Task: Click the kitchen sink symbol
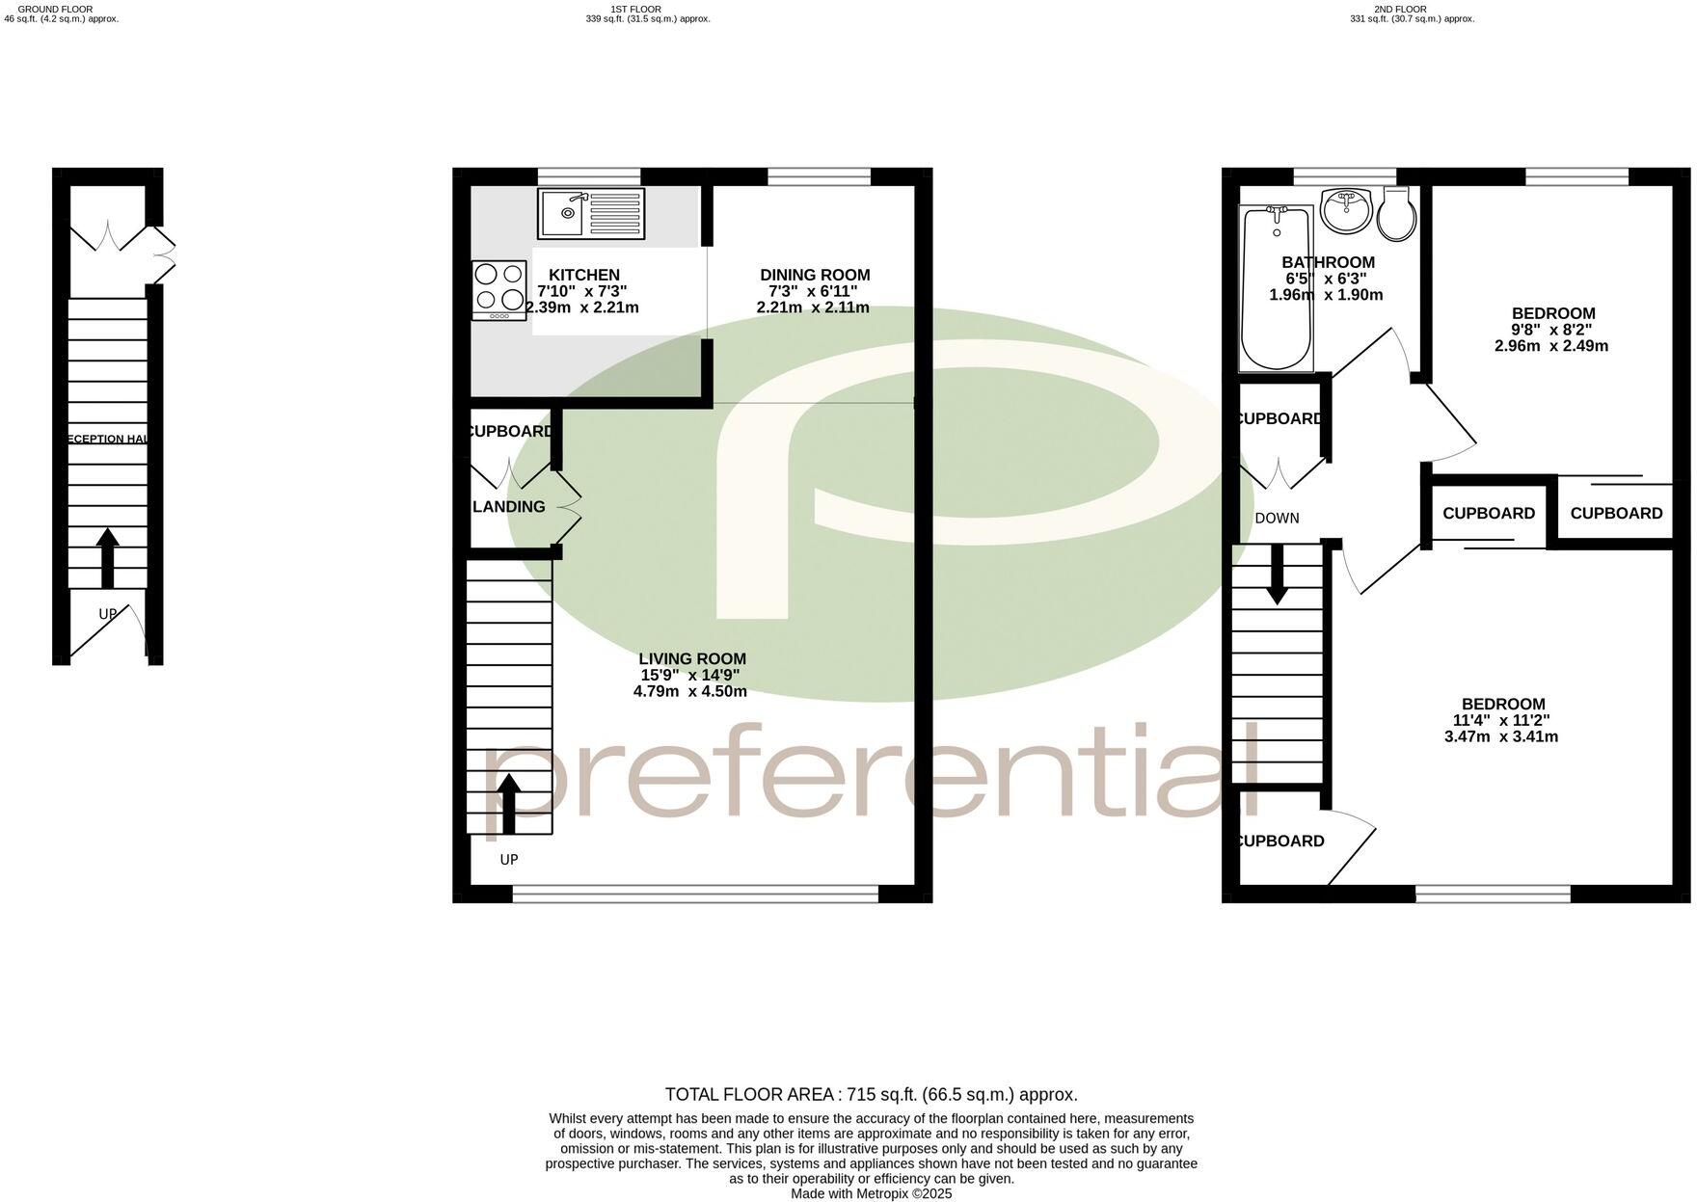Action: click(590, 214)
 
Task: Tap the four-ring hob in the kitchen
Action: click(499, 290)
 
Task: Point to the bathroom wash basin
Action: click(1346, 210)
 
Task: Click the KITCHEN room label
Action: click(583, 276)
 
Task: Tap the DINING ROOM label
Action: click(815, 276)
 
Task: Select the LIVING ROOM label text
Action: click(691, 659)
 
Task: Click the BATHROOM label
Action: click(1328, 262)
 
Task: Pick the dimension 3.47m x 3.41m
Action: click(1500, 737)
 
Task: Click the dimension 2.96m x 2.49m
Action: click(1550, 346)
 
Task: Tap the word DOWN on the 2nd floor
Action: click(1277, 519)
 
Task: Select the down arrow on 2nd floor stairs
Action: click(1277, 575)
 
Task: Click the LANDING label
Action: click(509, 507)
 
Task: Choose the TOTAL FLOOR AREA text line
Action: click(871, 1095)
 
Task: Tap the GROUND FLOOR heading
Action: click(56, 10)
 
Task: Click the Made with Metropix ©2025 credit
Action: click(871, 1194)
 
